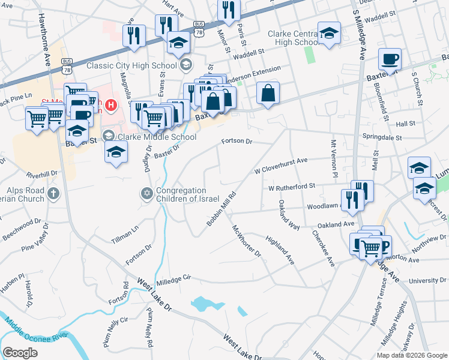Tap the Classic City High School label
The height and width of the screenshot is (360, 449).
(x=132, y=65)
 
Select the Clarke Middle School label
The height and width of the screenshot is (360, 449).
(x=157, y=137)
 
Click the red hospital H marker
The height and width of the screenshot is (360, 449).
(x=110, y=106)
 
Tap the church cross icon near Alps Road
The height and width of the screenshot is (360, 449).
(x=53, y=193)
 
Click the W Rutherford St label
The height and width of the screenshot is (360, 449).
(x=292, y=187)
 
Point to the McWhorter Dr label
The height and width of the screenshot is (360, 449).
(x=247, y=241)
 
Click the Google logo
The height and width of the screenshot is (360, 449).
(x=20, y=353)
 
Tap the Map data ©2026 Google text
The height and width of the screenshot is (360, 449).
(x=411, y=355)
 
